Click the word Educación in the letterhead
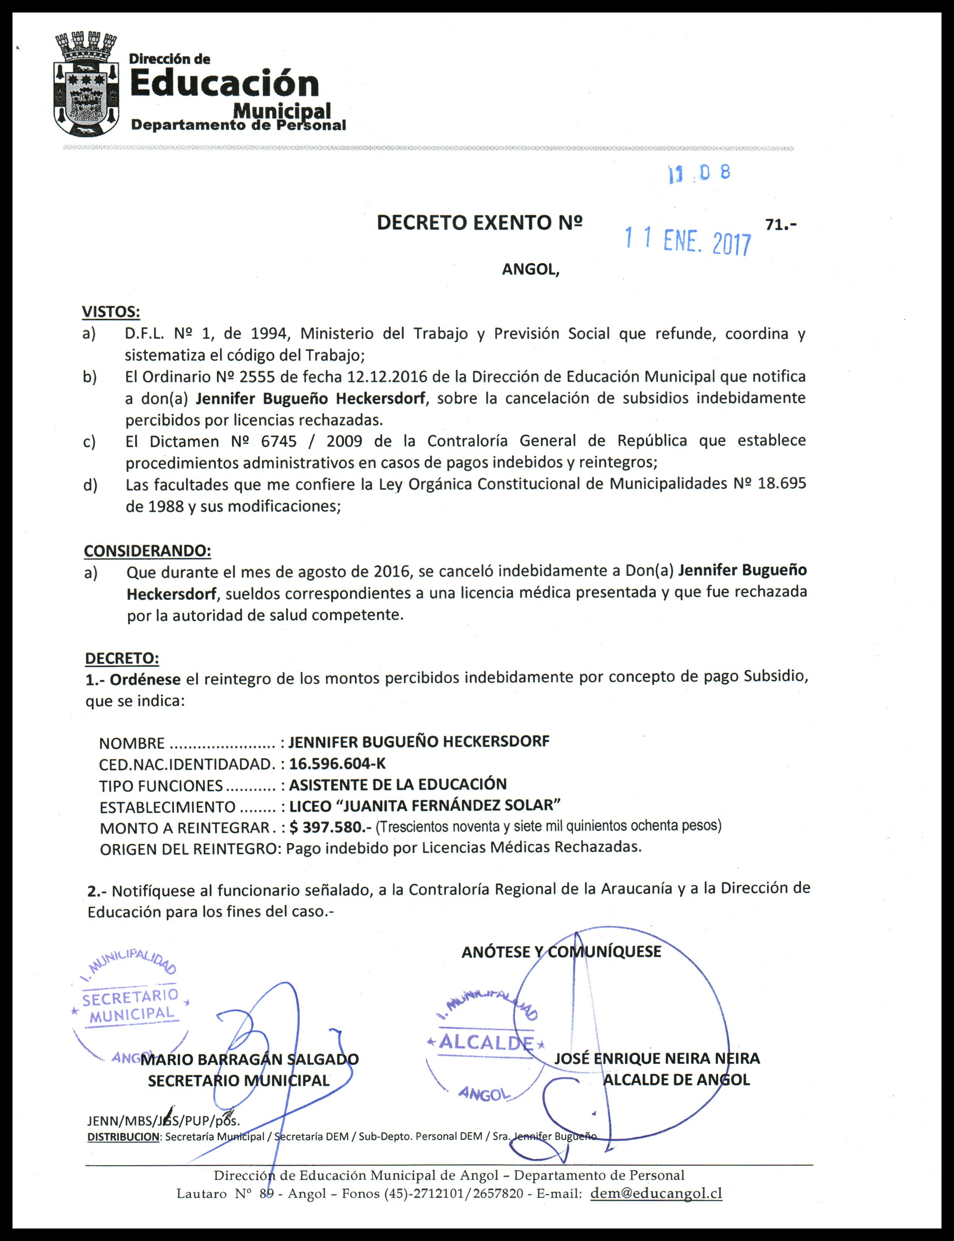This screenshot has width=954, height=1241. [225, 83]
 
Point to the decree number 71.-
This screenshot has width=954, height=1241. [781, 225]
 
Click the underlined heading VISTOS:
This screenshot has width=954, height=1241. [111, 312]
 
